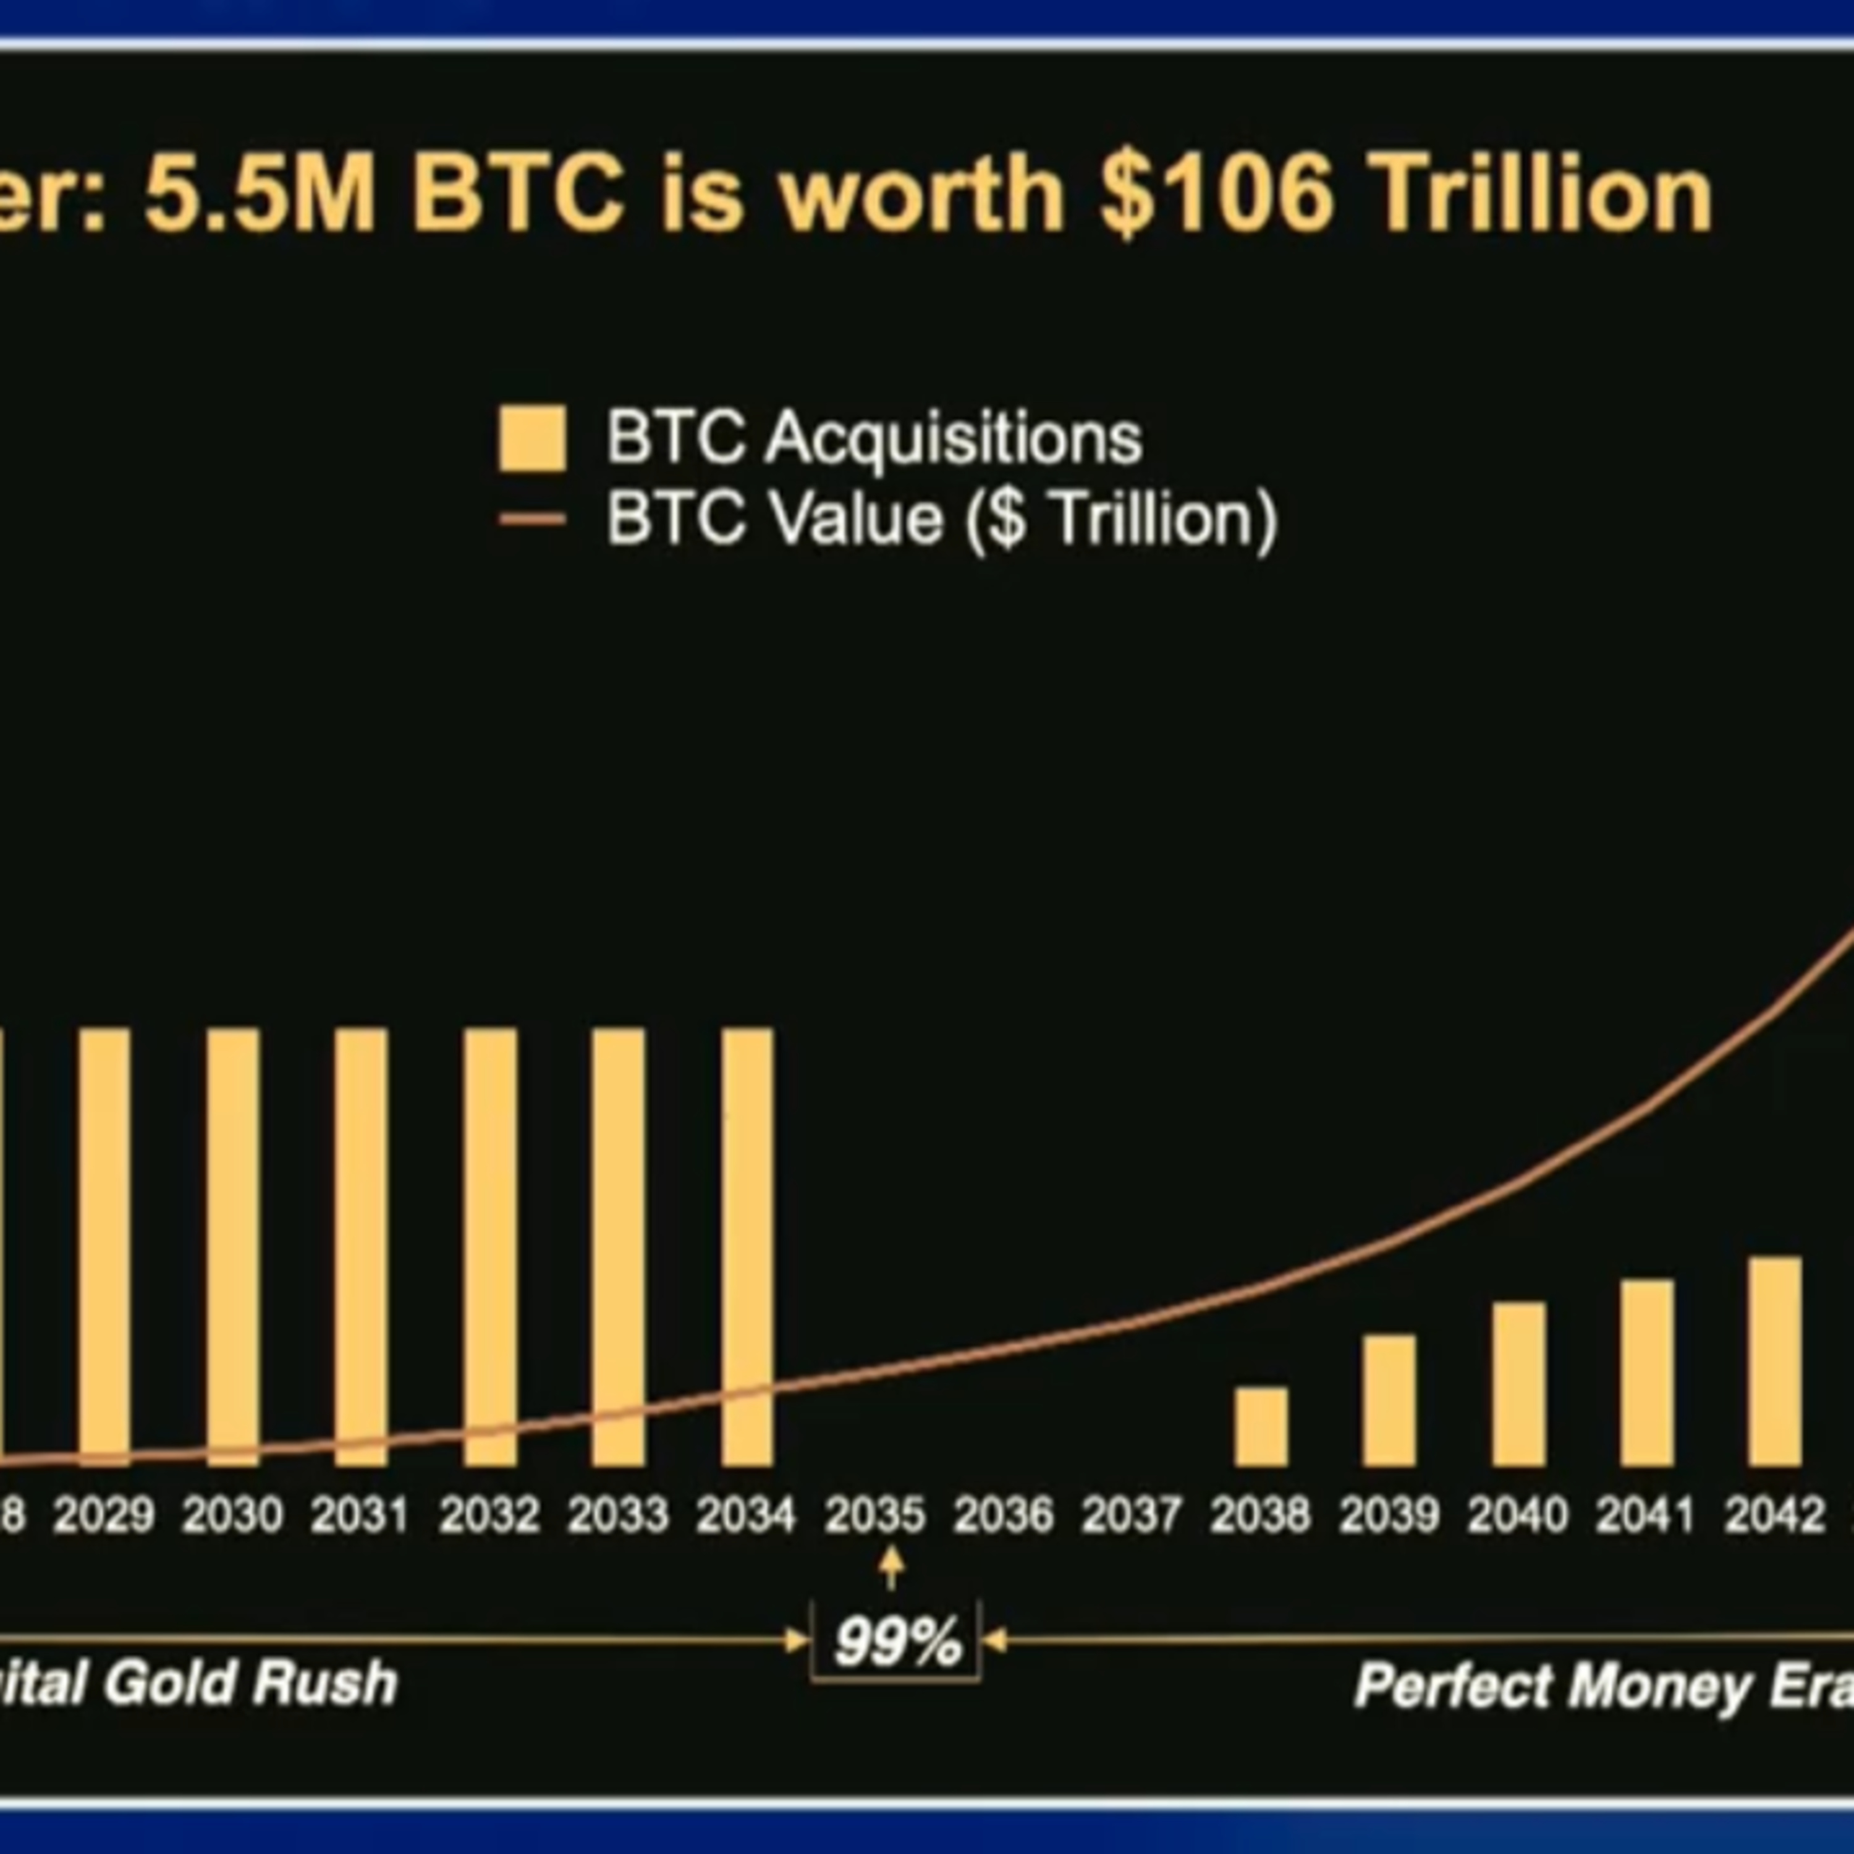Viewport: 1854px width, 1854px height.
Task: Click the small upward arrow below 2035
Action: (x=892, y=1568)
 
